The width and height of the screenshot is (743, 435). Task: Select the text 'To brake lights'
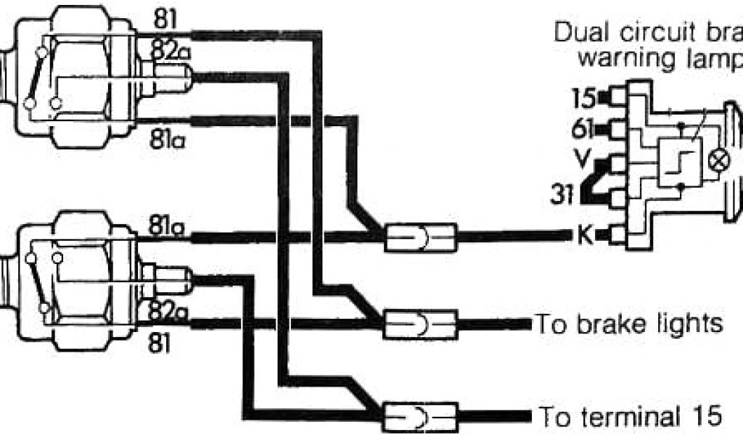click(x=628, y=323)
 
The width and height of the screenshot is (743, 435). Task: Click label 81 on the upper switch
click(x=165, y=20)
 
